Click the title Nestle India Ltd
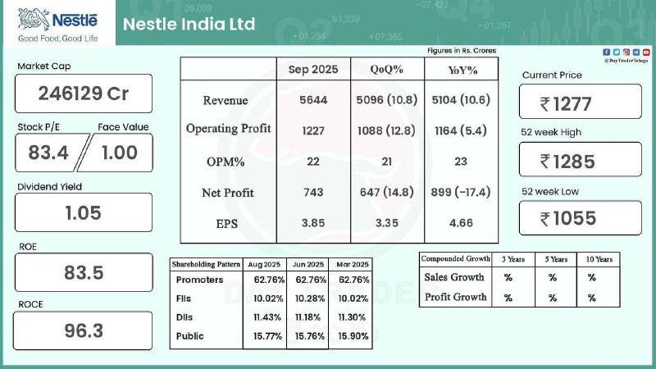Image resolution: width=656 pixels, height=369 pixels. click(x=189, y=24)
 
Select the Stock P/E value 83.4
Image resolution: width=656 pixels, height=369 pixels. click(x=49, y=153)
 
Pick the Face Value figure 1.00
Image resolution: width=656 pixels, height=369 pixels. click(x=119, y=153)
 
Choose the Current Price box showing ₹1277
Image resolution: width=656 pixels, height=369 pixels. click(x=579, y=103)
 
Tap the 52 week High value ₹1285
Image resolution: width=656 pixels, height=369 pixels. click(x=579, y=162)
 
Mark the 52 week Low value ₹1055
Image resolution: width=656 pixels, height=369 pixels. click(x=579, y=218)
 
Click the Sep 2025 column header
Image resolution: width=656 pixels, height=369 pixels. click(x=312, y=70)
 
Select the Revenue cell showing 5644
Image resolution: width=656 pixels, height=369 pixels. click(x=312, y=100)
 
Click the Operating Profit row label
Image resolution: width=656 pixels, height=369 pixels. click(x=228, y=129)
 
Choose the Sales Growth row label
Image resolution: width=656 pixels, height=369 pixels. click(x=454, y=277)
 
